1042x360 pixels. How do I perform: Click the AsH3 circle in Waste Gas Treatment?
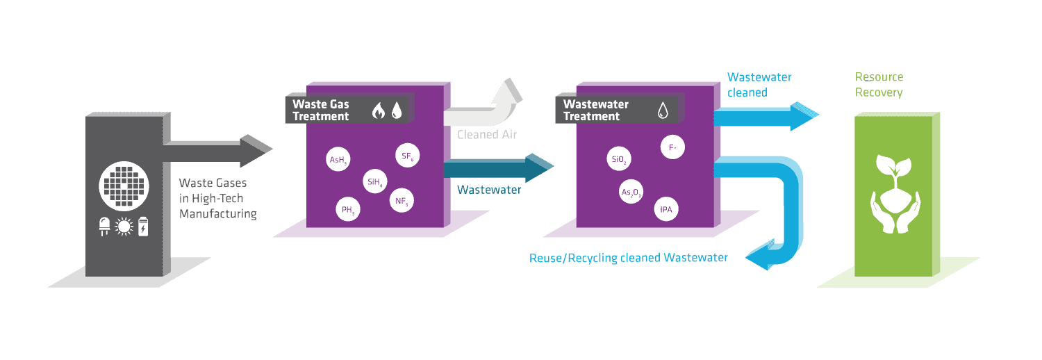pyautogui.click(x=338, y=160)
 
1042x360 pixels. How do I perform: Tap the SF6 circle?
pyautogui.click(x=407, y=156)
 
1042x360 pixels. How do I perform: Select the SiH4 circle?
pyautogui.click(x=374, y=183)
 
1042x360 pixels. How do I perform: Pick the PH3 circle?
pyautogui.click(x=348, y=209)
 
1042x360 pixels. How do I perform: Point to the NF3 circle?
pyautogui.click(x=402, y=202)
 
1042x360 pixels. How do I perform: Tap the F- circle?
pyautogui.click(x=672, y=147)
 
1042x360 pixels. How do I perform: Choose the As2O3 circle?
pyautogui.click(x=631, y=192)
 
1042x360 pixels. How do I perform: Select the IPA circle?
pyautogui.click(x=665, y=208)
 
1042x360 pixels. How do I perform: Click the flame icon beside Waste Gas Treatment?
pyautogui.click(x=379, y=110)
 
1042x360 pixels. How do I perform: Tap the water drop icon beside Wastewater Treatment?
pyautogui.click(x=663, y=110)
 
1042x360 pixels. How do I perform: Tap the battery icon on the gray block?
pyautogui.click(x=143, y=227)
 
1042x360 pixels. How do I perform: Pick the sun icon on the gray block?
pyautogui.click(x=124, y=227)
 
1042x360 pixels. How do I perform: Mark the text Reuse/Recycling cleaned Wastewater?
pyautogui.click(x=629, y=258)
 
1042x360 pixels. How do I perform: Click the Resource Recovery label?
pyautogui.click(x=879, y=85)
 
